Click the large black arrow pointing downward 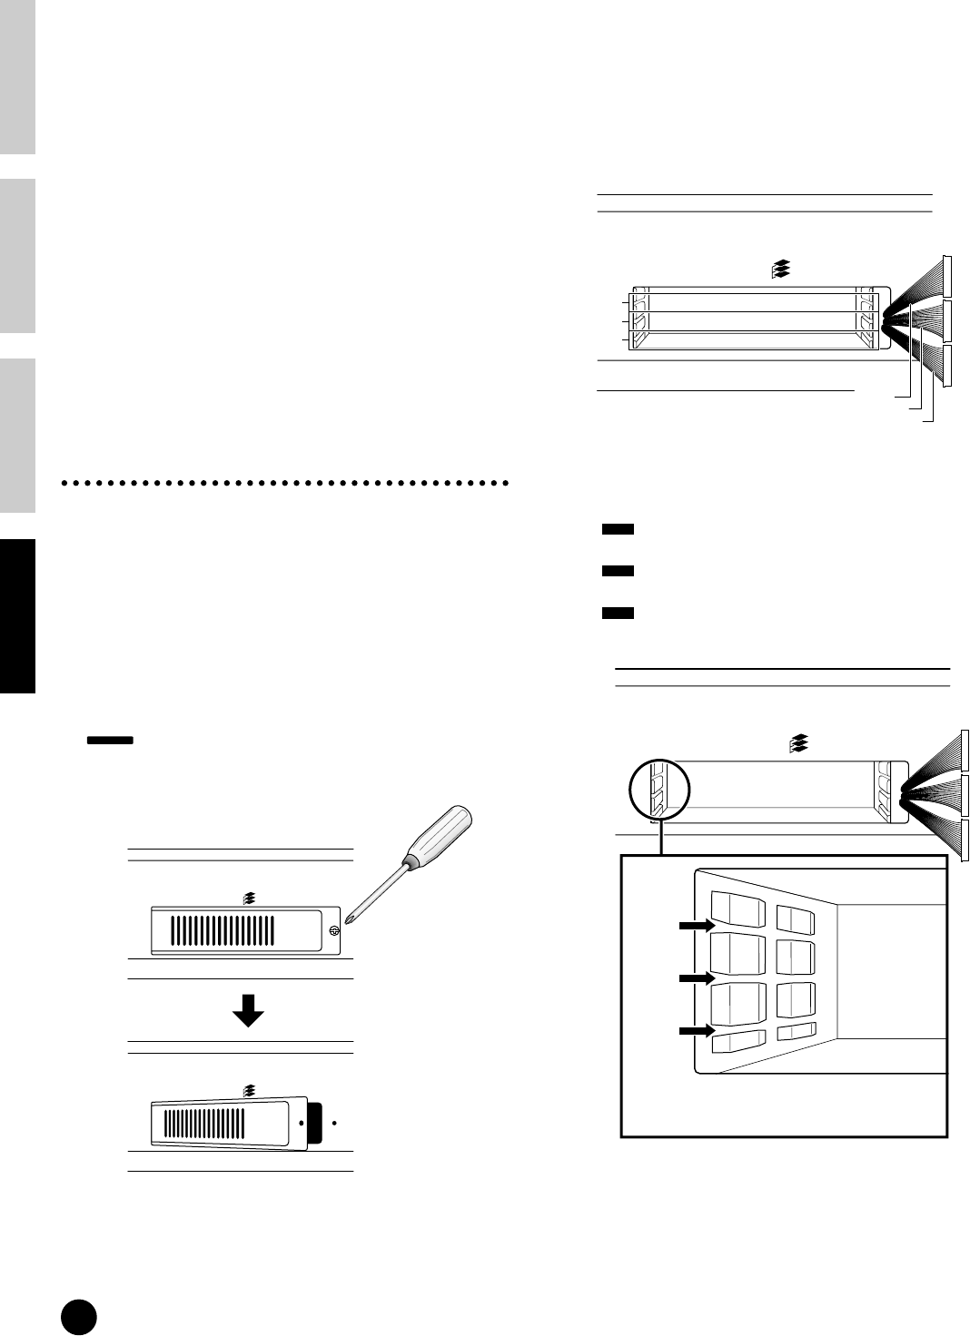pos(248,1009)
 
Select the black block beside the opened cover pos(315,1123)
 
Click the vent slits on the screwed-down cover pos(223,930)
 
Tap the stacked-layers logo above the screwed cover pos(250,899)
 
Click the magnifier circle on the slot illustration pos(659,790)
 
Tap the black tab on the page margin pos(17,617)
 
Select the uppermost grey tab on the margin pos(17,77)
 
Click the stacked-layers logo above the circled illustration pos(798,744)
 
